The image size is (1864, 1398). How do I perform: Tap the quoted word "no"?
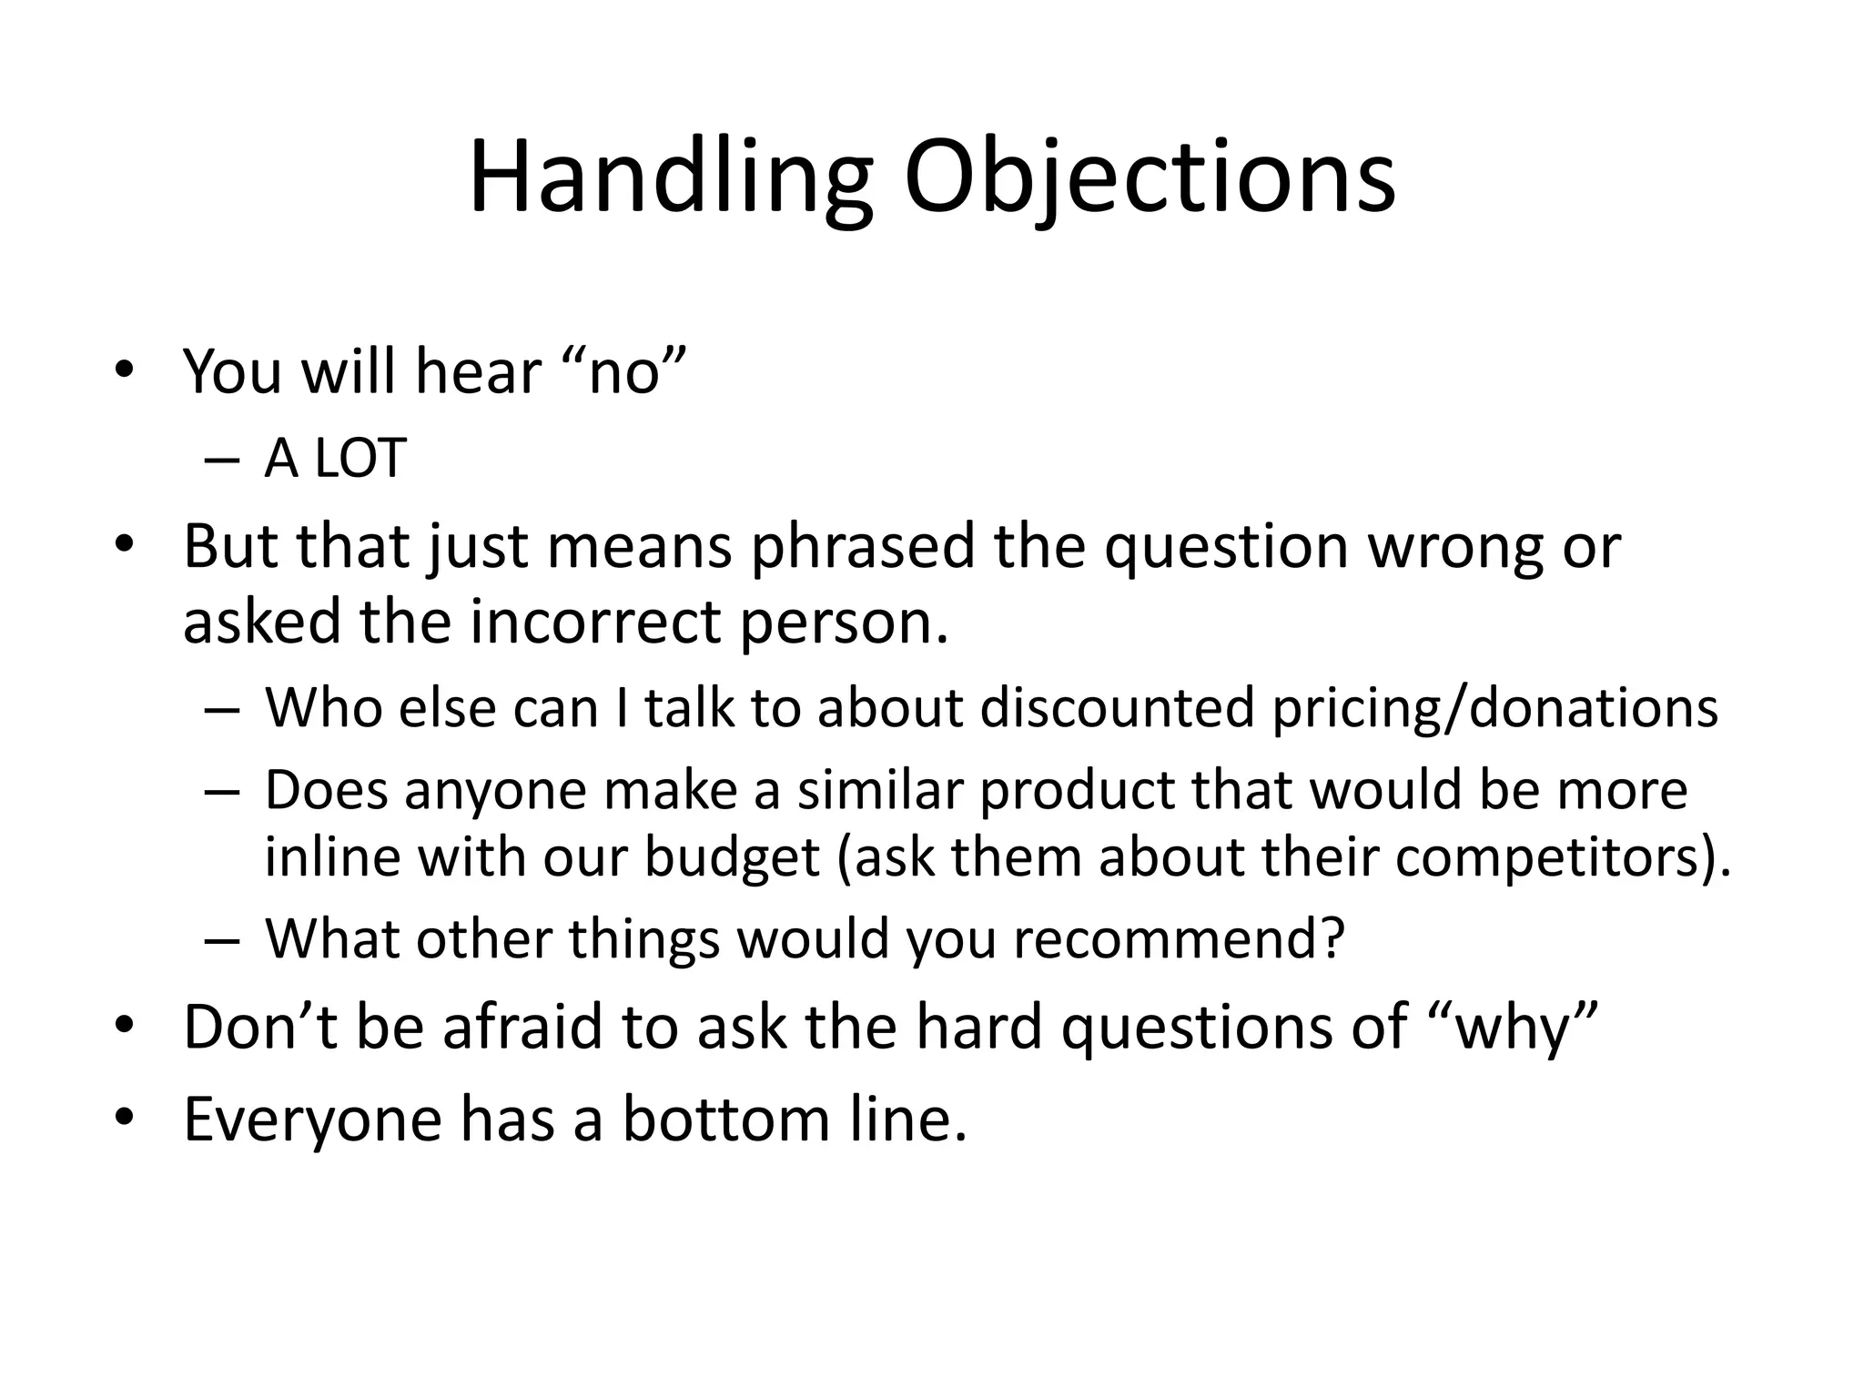624,372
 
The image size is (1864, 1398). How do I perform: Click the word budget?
732,856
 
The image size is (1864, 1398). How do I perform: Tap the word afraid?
524,1026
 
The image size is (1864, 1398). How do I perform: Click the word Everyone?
312,1119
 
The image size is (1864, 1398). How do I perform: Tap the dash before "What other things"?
222,940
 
